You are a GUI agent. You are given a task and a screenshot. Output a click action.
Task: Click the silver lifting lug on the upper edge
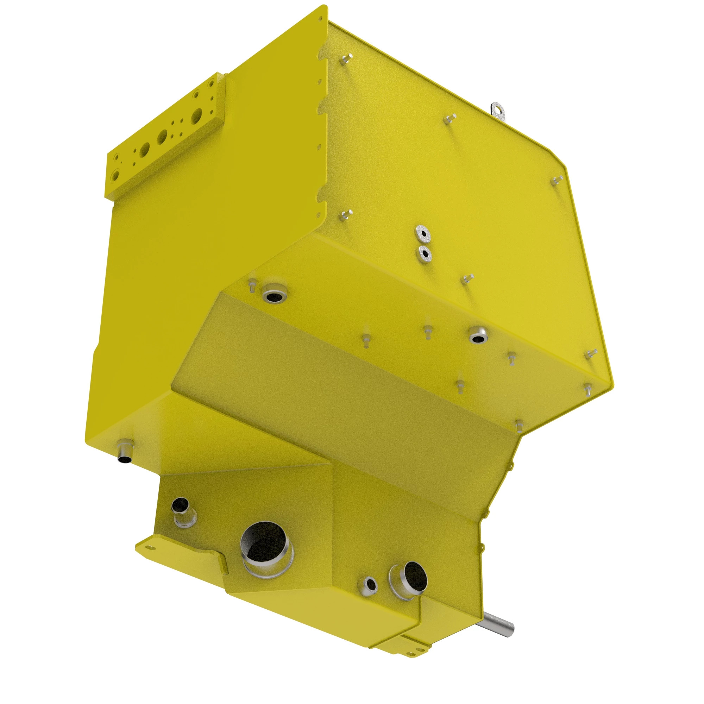[498, 110]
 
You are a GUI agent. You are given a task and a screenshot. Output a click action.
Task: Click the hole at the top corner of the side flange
[320, 17]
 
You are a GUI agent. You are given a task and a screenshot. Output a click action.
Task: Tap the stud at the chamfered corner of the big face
[558, 180]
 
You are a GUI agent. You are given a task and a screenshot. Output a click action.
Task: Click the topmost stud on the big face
[346, 59]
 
